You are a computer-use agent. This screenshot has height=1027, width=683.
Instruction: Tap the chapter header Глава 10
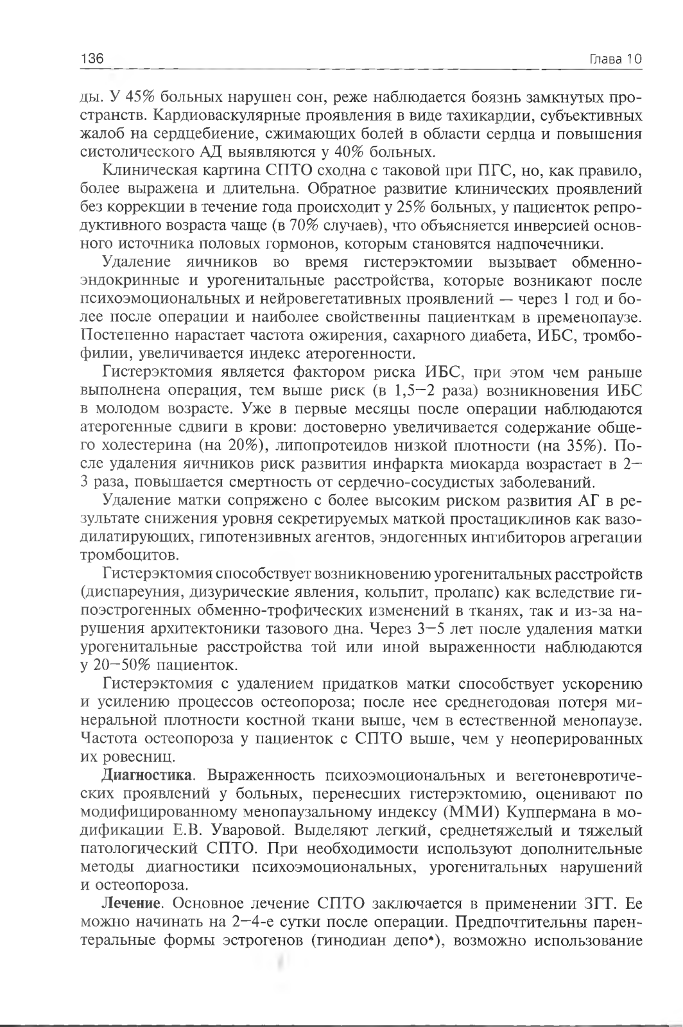(x=616, y=59)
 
